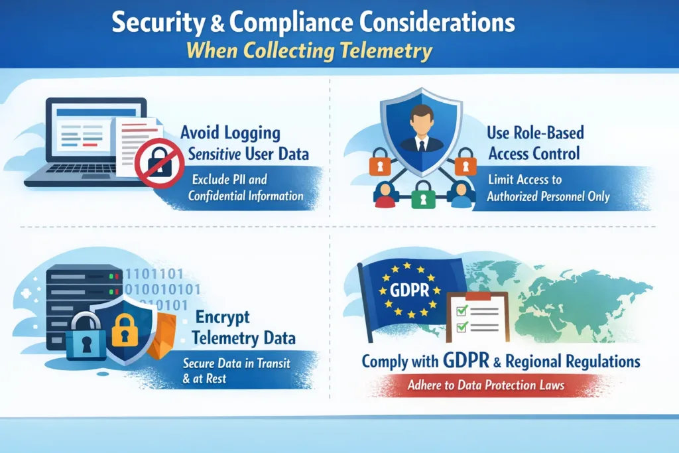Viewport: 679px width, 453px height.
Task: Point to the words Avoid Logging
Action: [x=230, y=133]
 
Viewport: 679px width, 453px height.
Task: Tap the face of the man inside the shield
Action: [x=420, y=123]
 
